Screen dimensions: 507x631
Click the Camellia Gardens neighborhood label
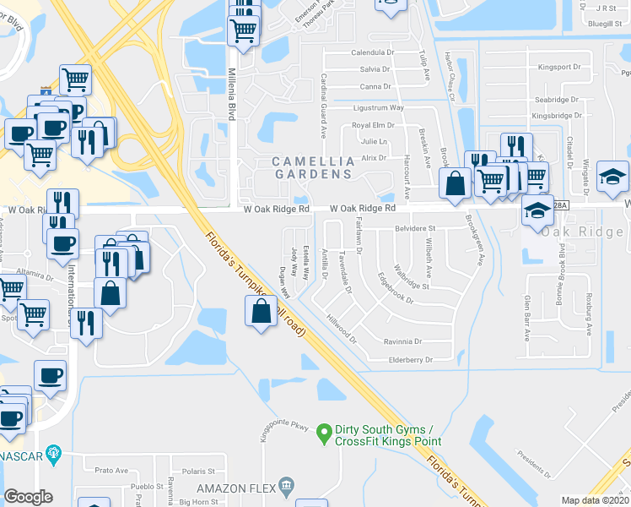pos(310,167)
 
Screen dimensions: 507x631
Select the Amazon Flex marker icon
pos(288,485)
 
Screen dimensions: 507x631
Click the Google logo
pos(29,496)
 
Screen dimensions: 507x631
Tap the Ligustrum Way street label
pos(378,108)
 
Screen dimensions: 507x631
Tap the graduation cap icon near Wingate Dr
pos(613,176)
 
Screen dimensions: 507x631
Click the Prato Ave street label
pos(111,471)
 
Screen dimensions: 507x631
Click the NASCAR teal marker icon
pos(55,454)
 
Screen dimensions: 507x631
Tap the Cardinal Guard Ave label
pos(323,106)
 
